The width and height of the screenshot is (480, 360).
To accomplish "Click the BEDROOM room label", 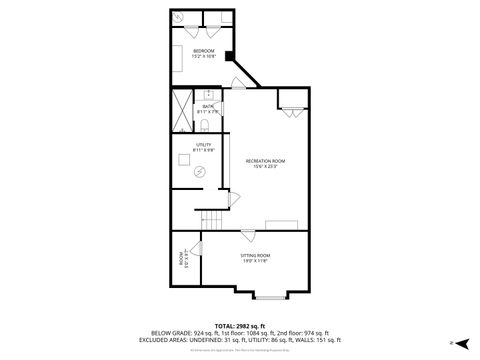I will (204, 53).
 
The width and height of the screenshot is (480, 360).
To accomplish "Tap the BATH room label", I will (209, 108).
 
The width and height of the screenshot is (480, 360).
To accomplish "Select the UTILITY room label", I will (202, 148).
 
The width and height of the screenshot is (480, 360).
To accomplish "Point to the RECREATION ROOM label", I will (266, 163).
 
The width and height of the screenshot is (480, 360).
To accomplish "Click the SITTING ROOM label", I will (255, 258).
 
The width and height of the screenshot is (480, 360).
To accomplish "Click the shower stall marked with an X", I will (182, 111).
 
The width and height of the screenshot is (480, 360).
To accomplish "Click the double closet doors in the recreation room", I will (290, 111).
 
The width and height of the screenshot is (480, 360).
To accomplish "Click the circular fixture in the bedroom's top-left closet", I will (180, 18).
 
